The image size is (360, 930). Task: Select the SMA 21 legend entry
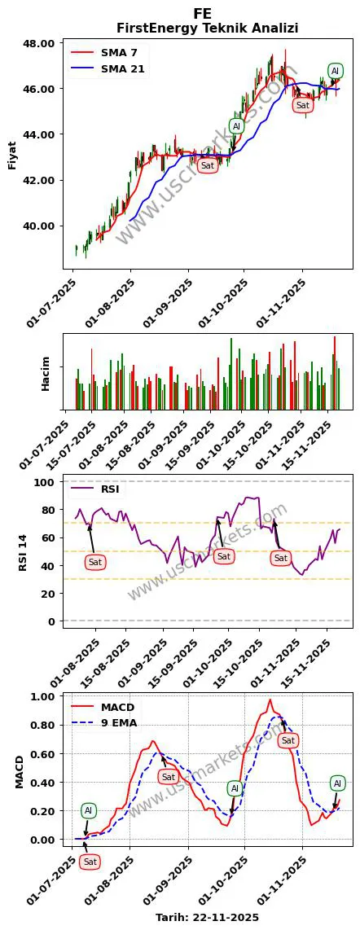(x=122, y=68)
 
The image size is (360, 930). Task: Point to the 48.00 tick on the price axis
(x=42, y=42)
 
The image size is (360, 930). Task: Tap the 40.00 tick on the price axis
(x=42, y=226)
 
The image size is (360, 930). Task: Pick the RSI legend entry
(x=110, y=489)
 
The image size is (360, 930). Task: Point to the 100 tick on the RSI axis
(x=45, y=482)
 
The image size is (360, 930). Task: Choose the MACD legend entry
(x=118, y=707)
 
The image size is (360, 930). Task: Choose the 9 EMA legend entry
(x=119, y=722)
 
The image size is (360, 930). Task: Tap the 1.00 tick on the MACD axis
(x=42, y=697)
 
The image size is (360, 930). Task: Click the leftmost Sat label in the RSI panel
(x=95, y=562)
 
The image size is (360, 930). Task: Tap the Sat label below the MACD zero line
(x=90, y=862)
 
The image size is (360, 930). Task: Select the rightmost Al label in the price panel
(x=336, y=71)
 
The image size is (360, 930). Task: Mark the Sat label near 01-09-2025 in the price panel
(x=208, y=165)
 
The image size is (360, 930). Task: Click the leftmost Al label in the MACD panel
(x=89, y=810)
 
